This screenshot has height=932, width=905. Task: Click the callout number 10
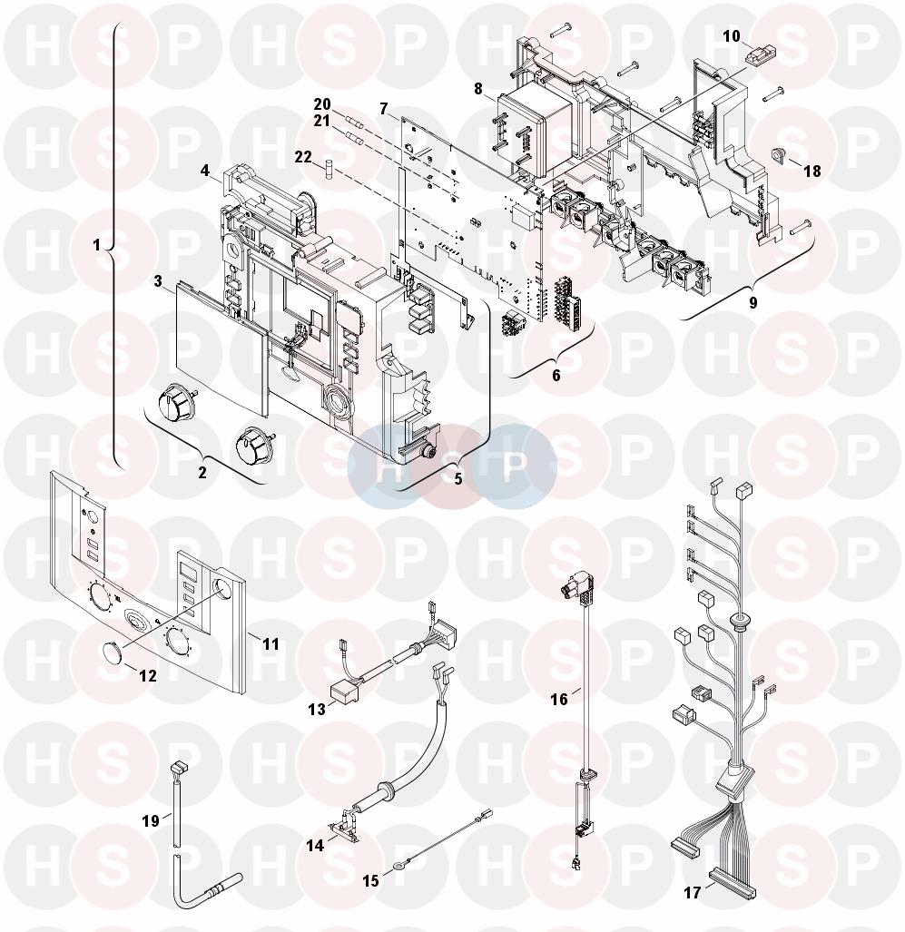coord(732,36)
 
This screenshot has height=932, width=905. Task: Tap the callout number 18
coord(812,172)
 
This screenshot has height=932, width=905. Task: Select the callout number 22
coord(303,158)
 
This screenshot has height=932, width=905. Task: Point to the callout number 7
coord(384,110)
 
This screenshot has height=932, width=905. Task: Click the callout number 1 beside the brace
coord(97,244)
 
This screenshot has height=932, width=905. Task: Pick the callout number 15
coord(370,880)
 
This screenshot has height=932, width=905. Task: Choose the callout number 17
coord(693,892)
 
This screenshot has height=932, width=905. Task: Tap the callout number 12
coord(147,676)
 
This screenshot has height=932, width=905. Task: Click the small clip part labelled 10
coord(753,58)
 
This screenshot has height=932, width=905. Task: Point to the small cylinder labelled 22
coord(328,166)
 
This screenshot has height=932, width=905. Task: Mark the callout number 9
coord(753,302)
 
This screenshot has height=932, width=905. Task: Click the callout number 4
coord(205,172)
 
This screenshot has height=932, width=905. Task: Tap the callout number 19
coord(151,821)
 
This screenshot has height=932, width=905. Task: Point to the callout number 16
coord(559,700)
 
